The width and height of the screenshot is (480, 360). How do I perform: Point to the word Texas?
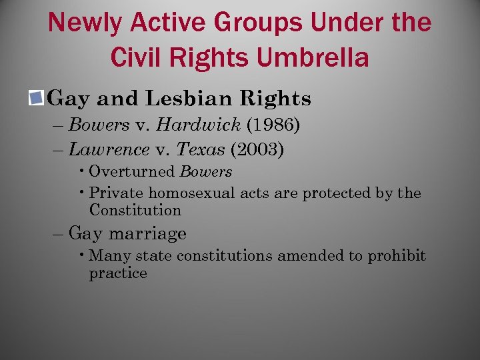pyautogui.click(x=200, y=150)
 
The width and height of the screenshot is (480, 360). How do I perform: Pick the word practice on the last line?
pyautogui.click(x=118, y=273)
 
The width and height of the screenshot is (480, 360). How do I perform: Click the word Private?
pyautogui.click(x=116, y=193)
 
